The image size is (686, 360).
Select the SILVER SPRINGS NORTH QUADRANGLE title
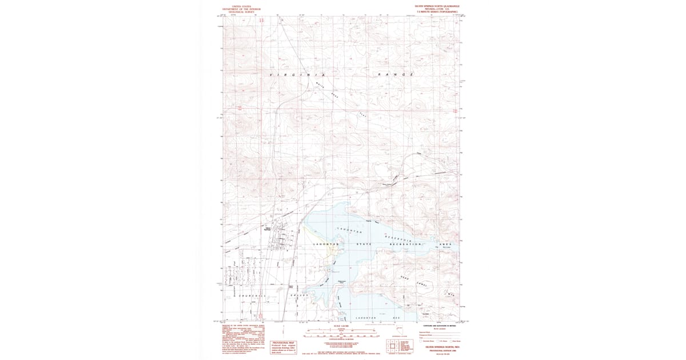(x=437, y=5)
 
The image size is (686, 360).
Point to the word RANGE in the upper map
(x=396, y=75)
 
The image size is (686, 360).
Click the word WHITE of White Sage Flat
(x=320, y=86)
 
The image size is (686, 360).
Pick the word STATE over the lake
(x=362, y=245)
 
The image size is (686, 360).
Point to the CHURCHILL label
(x=254, y=295)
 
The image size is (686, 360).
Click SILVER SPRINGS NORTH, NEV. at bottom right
(x=439, y=346)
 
